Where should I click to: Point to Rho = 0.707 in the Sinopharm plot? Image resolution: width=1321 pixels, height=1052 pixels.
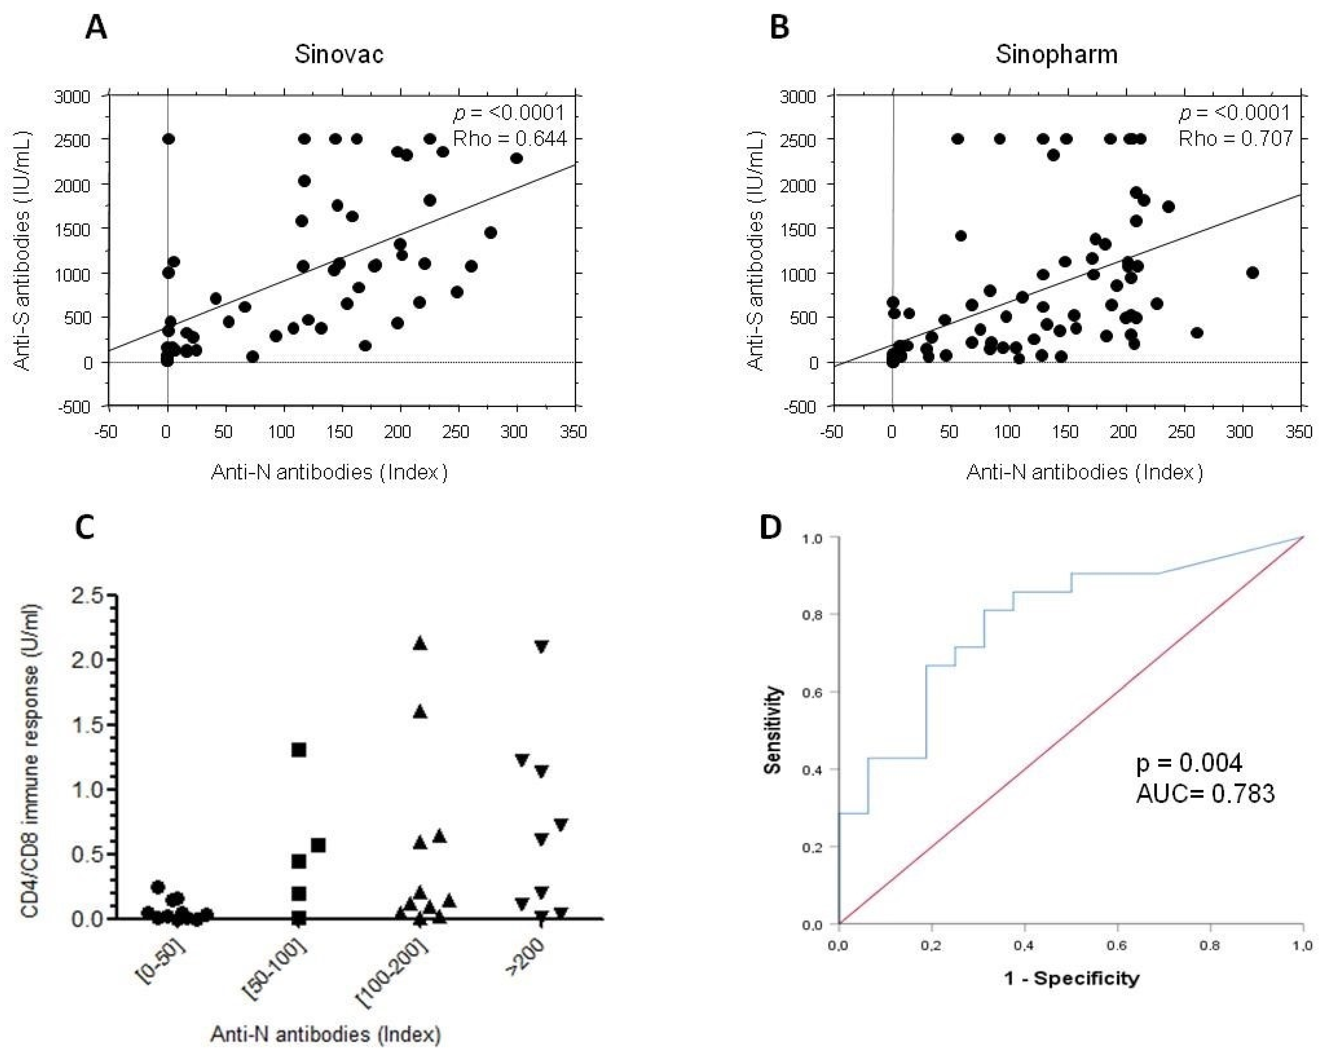click(x=1235, y=139)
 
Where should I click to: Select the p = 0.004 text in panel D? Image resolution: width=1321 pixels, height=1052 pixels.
click(x=1189, y=763)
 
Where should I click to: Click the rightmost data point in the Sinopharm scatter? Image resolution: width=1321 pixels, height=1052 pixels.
click(x=1252, y=273)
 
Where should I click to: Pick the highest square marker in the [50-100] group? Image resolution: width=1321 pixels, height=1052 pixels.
click(x=299, y=750)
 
